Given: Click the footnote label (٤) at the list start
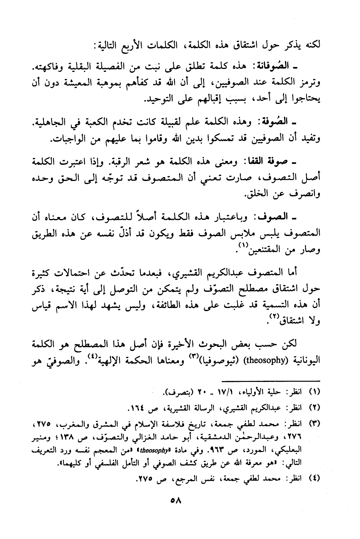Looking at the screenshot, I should click(315, 480).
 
